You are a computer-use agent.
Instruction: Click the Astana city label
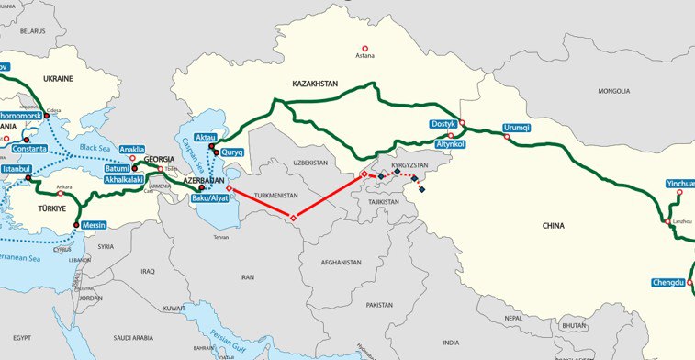coord(364,56)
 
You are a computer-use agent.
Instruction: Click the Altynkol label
coord(452,145)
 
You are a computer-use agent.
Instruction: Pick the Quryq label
coord(231,152)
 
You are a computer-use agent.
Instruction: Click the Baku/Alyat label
coord(208,198)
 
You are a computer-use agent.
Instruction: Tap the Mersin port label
coord(95,224)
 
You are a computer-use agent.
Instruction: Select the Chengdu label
coord(668,282)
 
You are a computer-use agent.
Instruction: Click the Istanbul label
coord(17,170)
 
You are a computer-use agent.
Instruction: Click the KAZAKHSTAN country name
coord(315,84)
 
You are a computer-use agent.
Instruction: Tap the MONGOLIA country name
coord(613,92)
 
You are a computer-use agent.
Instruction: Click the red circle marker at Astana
coord(364,48)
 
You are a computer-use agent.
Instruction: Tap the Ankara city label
coord(64,188)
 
